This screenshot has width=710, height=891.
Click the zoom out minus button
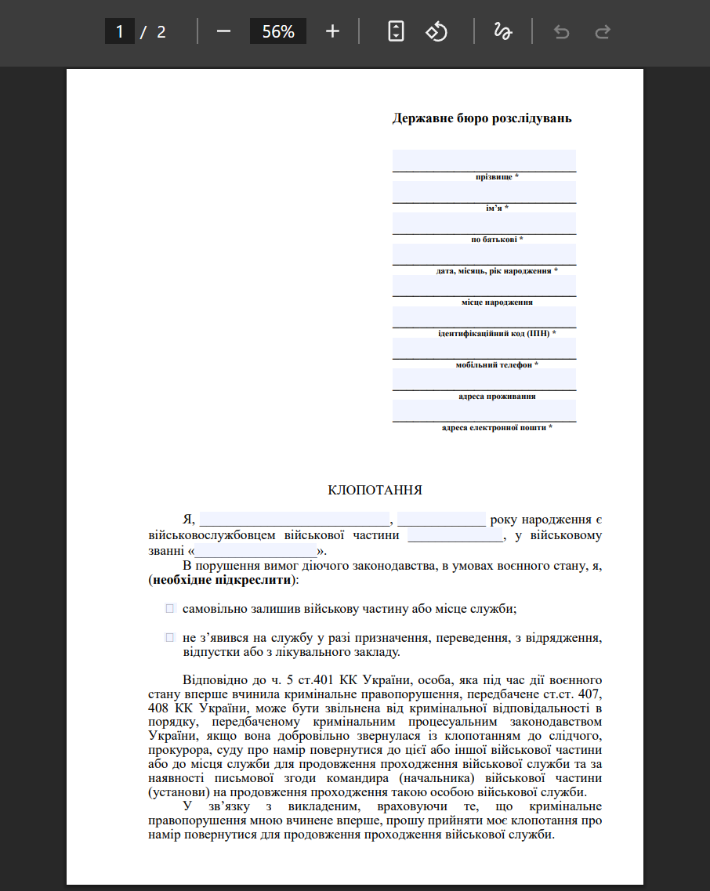223,31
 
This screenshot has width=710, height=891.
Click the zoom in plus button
332,31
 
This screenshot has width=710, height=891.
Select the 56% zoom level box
278,31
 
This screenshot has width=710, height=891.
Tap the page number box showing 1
120,31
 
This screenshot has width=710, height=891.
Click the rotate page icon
436,31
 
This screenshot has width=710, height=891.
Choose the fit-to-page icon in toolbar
397,31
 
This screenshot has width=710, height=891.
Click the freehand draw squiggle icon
502,31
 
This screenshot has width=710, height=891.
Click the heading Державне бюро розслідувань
482,119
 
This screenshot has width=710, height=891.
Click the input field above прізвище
484,160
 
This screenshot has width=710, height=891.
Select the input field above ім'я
484,191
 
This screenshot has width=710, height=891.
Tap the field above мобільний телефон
484,348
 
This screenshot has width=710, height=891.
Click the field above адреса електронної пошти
484,410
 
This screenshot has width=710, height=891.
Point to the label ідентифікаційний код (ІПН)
497,334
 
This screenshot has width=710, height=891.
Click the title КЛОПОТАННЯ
375,491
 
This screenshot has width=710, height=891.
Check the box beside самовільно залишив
169,608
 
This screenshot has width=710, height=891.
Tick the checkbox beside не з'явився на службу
169,638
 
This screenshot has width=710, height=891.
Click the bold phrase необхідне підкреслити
224,581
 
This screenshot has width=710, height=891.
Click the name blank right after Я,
294,519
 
